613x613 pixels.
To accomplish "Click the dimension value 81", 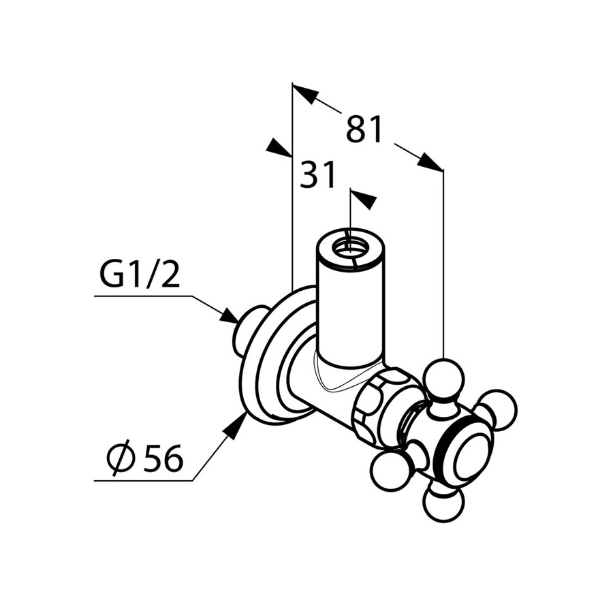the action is click(x=364, y=129).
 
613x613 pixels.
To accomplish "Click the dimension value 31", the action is click(x=317, y=175).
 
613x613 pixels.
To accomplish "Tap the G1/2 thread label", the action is click(x=140, y=273).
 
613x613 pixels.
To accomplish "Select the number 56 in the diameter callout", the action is click(x=163, y=458).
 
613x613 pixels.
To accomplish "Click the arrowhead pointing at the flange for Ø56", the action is click(x=235, y=426).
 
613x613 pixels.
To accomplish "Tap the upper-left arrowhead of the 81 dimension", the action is click(x=304, y=94).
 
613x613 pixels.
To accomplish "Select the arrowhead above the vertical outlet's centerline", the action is click(x=363, y=200).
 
